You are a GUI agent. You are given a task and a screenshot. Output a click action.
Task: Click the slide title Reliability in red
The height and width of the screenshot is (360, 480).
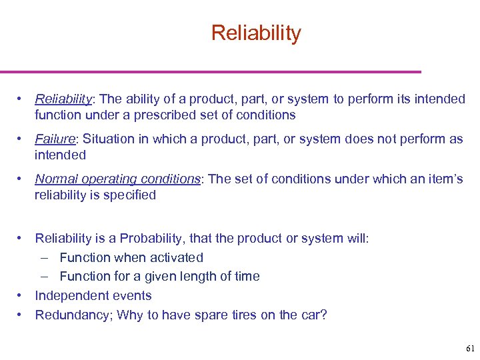pyautogui.click(x=256, y=33)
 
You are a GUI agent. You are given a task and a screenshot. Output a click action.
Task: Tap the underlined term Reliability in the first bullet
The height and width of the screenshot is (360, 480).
pyautogui.click(x=63, y=99)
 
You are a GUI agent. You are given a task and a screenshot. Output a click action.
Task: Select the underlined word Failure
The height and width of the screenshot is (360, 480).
pyautogui.click(x=55, y=139)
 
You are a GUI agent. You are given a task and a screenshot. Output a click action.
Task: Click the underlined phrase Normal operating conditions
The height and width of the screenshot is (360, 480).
pyautogui.click(x=117, y=179)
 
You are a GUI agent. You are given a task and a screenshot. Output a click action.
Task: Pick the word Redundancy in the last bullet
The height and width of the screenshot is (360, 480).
pyautogui.click(x=72, y=315)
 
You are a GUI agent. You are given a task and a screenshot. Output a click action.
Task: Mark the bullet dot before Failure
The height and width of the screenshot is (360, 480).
pyautogui.click(x=22, y=139)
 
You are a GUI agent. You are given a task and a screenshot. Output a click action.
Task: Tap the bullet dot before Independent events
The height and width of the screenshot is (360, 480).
pyautogui.click(x=22, y=295)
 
